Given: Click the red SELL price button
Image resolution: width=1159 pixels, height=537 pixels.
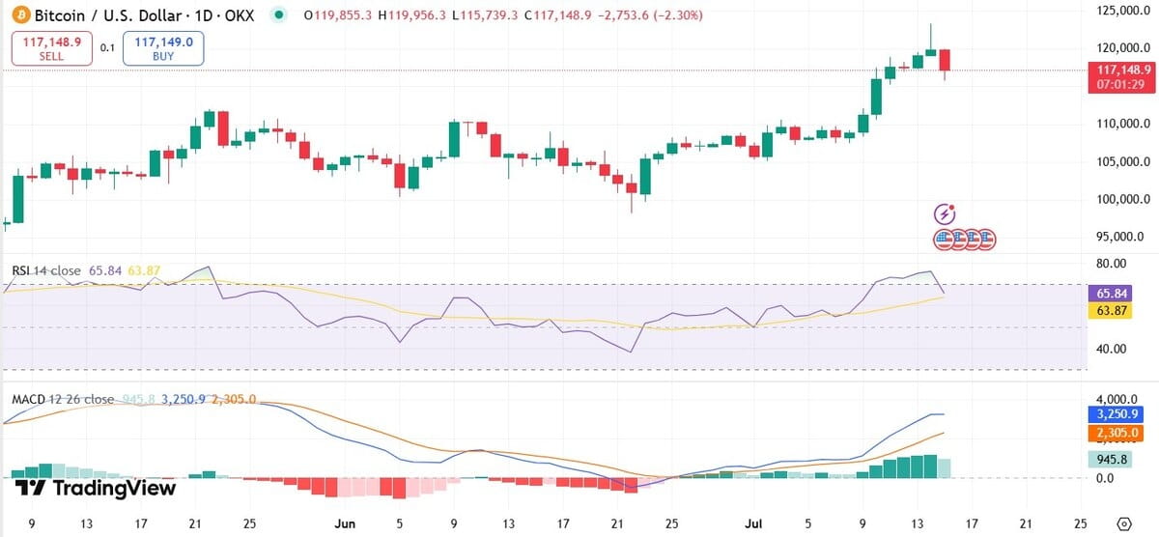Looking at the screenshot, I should coord(52,48).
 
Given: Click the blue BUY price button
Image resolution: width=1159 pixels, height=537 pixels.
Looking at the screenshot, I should coord(163,48).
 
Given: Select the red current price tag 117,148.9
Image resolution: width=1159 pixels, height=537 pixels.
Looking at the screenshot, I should coord(1120,70).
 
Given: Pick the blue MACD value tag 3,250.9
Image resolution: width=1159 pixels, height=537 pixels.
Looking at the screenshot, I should coord(1116,412).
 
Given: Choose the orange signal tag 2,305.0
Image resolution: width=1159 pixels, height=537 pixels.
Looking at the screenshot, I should coord(1116,433).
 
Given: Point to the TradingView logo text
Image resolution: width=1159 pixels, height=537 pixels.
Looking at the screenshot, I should coord(97,488).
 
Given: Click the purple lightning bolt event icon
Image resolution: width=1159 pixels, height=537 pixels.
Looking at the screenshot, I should coord(946,213).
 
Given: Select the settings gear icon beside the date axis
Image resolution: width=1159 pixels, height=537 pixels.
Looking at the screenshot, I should coord(1123,523).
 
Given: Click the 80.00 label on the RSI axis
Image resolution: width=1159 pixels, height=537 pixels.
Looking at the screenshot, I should coord(1106,263).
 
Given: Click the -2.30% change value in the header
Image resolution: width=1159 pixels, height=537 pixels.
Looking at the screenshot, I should coord(680,15).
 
